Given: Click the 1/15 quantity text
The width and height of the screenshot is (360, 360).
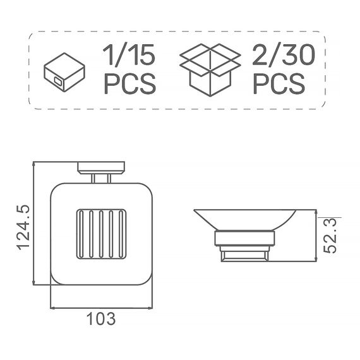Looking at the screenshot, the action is (129, 55).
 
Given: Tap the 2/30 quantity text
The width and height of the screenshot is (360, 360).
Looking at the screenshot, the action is (284, 55).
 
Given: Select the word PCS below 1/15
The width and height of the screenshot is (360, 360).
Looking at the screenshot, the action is (130, 83).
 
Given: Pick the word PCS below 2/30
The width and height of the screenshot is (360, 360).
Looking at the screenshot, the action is (279, 83).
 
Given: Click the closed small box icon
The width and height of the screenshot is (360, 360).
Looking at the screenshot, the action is (64, 73).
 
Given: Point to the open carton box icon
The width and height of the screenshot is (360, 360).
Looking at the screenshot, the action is (210, 70).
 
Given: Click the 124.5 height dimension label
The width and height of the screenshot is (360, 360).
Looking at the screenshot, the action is (23, 227).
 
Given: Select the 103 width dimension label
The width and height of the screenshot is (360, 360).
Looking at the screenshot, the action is (101, 319).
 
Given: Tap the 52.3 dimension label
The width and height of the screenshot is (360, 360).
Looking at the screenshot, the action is (330, 236).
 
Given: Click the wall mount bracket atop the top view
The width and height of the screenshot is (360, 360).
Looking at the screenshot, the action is (101, 167).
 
